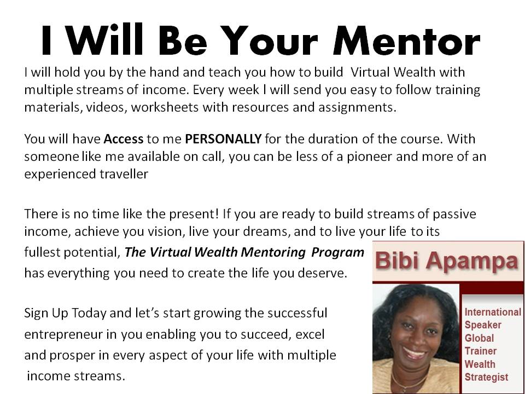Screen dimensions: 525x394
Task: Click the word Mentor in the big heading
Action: [406, 39]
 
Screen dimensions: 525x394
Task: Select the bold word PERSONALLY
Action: [223, 138]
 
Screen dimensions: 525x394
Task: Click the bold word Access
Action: [124, 138]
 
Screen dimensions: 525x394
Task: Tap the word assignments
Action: [357, 108]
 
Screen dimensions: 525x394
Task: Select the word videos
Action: [107, 108]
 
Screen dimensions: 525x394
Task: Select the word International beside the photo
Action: [493, 312]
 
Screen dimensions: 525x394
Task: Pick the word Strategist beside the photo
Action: [486, 377]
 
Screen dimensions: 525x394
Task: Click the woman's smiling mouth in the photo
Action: [415, 352]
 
